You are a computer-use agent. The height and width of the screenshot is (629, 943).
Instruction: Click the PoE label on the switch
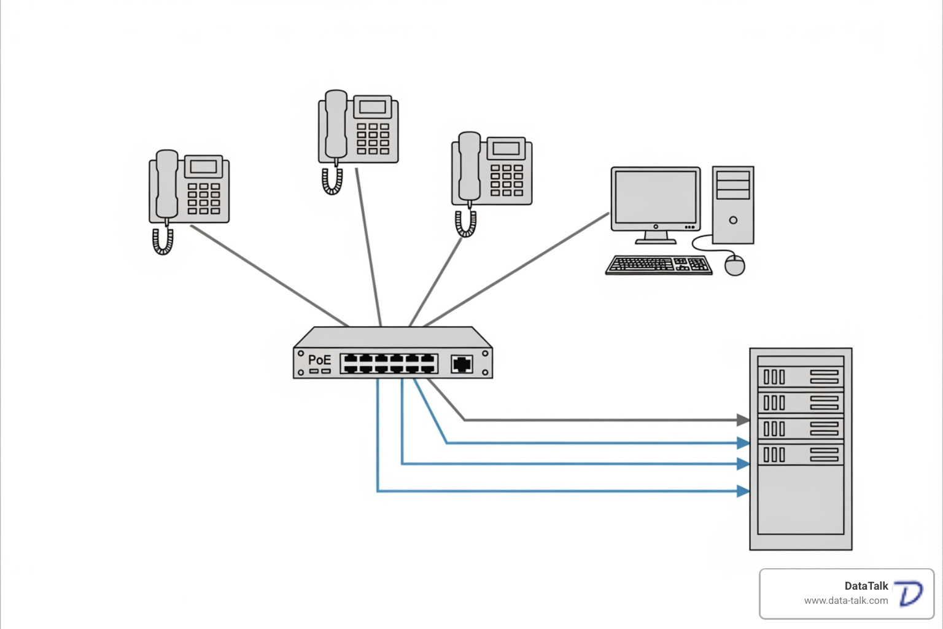[319, 360]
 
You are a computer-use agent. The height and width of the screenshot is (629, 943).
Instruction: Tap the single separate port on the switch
[462, 364]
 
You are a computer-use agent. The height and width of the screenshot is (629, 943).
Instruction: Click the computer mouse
[735, 265]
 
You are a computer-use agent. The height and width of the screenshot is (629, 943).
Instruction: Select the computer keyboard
[659, 265]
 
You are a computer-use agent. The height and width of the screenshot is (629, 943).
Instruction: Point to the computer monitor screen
[656, 197]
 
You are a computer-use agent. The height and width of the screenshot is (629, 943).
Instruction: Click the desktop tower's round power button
[733, 220]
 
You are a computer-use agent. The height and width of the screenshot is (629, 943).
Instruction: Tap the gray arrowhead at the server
[743, 420]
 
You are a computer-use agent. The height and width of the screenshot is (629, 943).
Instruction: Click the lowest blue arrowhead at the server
[743, 491]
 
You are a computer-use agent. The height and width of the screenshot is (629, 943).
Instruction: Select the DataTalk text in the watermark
[866, 586]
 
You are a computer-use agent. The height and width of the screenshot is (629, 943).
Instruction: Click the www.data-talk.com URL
[845, 601]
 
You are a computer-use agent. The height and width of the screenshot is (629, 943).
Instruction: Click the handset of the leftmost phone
[166, 184]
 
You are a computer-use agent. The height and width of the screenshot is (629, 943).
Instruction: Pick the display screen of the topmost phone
[372, 107]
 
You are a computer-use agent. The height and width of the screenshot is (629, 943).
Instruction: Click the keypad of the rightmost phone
[506, 180]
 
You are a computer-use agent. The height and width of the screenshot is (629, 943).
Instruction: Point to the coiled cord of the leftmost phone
[163, 241]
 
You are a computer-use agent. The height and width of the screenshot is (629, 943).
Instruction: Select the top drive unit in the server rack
[801, 377]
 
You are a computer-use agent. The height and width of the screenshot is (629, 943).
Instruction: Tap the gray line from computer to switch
[516, 270]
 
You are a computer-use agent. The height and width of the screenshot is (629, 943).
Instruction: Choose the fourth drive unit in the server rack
[801, 455]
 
